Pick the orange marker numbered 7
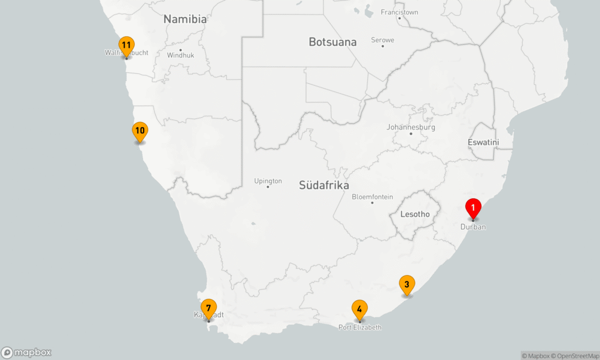tap(209, 308)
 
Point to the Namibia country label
tap(185, 19)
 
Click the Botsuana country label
tap(333, 42)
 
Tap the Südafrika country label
tap(324, 185)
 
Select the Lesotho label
tap(415, 215)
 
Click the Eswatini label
tap(483, 142)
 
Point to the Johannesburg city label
tap(411, 127)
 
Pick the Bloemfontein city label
tap(372, 197)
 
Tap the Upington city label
tap(268, 181)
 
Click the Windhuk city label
tap(180, 56)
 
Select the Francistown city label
tap(400, 12)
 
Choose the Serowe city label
tap(383, 40)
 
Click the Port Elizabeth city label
tap(360, 327)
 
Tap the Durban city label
tap(473, 227)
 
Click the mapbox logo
tap(26, 352)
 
